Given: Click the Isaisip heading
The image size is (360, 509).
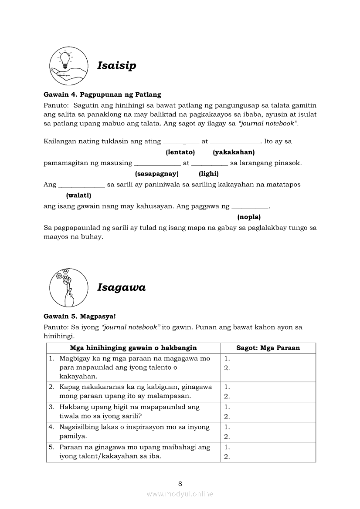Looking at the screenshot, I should (116, 65).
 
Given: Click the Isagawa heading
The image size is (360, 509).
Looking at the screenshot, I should (121, 287).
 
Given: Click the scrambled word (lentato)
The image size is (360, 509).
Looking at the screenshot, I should (180, 152).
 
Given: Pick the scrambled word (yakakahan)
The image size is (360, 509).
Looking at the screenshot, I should (234, 152).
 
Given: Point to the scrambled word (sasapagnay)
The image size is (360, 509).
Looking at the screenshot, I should (157, 174).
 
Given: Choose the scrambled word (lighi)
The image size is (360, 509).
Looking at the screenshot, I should (208, 174).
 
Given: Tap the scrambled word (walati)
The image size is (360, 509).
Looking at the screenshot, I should (78, 196).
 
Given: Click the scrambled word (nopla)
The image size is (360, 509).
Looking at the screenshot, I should (249, 217).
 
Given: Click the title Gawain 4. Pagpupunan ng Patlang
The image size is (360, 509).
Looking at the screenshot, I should (102, 94).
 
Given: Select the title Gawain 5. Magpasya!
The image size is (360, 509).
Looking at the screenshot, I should (80, 317).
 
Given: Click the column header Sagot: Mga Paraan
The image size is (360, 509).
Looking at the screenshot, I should (268, 348).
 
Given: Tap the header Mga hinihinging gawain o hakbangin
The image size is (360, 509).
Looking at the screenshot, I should (133, 348).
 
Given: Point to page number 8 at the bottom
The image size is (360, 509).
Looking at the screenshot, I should (180, 483).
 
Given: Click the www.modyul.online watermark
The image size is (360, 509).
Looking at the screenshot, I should (180, 494).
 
